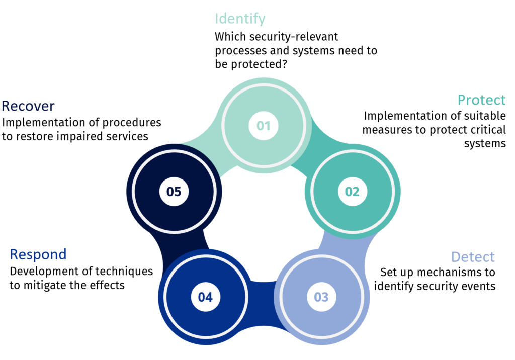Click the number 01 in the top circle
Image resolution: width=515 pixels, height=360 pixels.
coord(263,125)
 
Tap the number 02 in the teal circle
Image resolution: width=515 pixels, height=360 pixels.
coord(352,191)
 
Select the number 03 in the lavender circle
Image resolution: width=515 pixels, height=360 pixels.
coord(321,297)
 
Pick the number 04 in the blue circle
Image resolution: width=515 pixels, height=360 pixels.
coord(205,297)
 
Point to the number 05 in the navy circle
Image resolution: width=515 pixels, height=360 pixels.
coord(174,191)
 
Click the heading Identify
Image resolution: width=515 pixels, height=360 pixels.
coord(240,19)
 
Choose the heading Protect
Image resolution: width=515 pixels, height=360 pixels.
coord(481,100)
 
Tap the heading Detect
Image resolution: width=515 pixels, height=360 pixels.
coord(473,257)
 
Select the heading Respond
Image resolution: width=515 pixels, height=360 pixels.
coord(38,254)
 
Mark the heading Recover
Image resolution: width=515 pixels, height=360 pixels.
coord(28,106)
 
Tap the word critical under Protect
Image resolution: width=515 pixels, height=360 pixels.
coord(479,130)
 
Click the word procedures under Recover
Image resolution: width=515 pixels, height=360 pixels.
coord(132,122)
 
